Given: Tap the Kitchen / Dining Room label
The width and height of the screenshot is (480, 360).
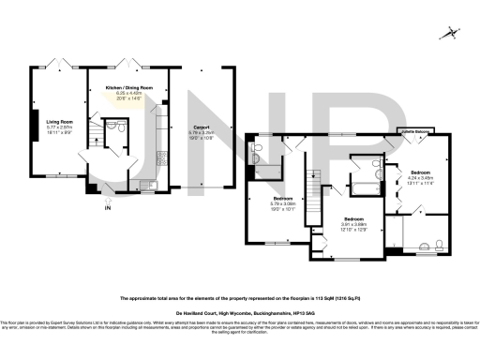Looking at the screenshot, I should coord(127,87).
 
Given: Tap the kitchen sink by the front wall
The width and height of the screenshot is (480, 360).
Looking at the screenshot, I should coord(149,185).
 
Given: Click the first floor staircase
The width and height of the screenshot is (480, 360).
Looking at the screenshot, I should coord(317,180).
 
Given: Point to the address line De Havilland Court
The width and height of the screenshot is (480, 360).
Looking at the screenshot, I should coord(240,314).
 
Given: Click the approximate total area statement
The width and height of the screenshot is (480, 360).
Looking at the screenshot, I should coord(240,298).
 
